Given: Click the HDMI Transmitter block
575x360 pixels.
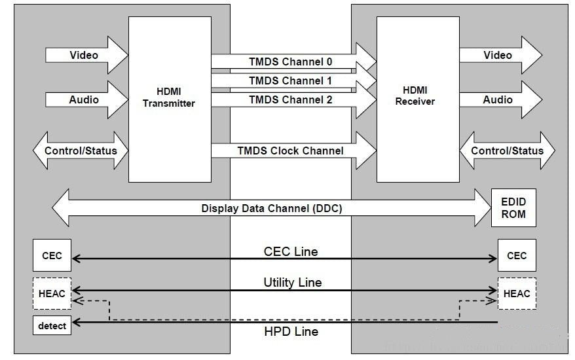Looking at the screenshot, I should (169, 98).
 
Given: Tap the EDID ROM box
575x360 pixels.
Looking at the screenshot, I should (513, 207).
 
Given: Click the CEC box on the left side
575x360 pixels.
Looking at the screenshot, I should (52, 255).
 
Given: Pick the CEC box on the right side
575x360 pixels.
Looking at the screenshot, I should (516, 255).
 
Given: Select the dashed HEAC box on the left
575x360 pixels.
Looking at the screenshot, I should (52, 293).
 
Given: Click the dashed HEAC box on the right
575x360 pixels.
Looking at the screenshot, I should (516, 293).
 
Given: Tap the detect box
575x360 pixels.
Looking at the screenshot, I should (52, 325).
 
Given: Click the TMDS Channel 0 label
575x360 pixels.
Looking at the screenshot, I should (290, 62).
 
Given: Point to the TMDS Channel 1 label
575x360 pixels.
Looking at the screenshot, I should (290, 81).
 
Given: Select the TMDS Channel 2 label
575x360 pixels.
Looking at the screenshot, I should (290, 99).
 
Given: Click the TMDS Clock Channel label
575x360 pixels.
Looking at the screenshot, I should (290, 151).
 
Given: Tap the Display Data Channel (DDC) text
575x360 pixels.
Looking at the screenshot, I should (271, 208).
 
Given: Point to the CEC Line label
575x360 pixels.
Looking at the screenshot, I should (291, 251).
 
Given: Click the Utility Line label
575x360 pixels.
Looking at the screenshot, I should (292, 282).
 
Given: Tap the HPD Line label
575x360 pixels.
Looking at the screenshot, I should (291, 332).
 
